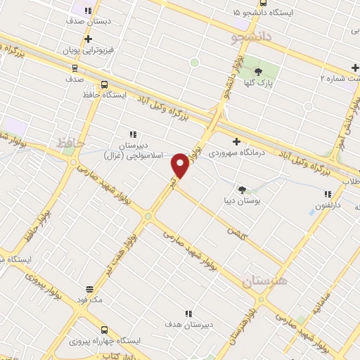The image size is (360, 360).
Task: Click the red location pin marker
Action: point(180,166)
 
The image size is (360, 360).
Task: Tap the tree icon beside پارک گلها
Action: point(258,71)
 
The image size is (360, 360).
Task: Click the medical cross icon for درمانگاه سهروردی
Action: point(236,141)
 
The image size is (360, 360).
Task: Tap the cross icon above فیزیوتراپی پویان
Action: point(88,39)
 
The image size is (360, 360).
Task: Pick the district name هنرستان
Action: point(265,281)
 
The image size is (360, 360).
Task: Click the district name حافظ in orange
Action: point(70,143)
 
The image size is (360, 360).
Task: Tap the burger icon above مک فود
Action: point(89,289)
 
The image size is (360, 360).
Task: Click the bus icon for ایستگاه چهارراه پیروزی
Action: point(104,329)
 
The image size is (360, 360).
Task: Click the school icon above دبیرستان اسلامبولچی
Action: point(132,134)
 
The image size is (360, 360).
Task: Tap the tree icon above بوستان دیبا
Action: point(243,190)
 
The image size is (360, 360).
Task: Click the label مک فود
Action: point(91,300)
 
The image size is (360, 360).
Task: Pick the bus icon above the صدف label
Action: point(75,68)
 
